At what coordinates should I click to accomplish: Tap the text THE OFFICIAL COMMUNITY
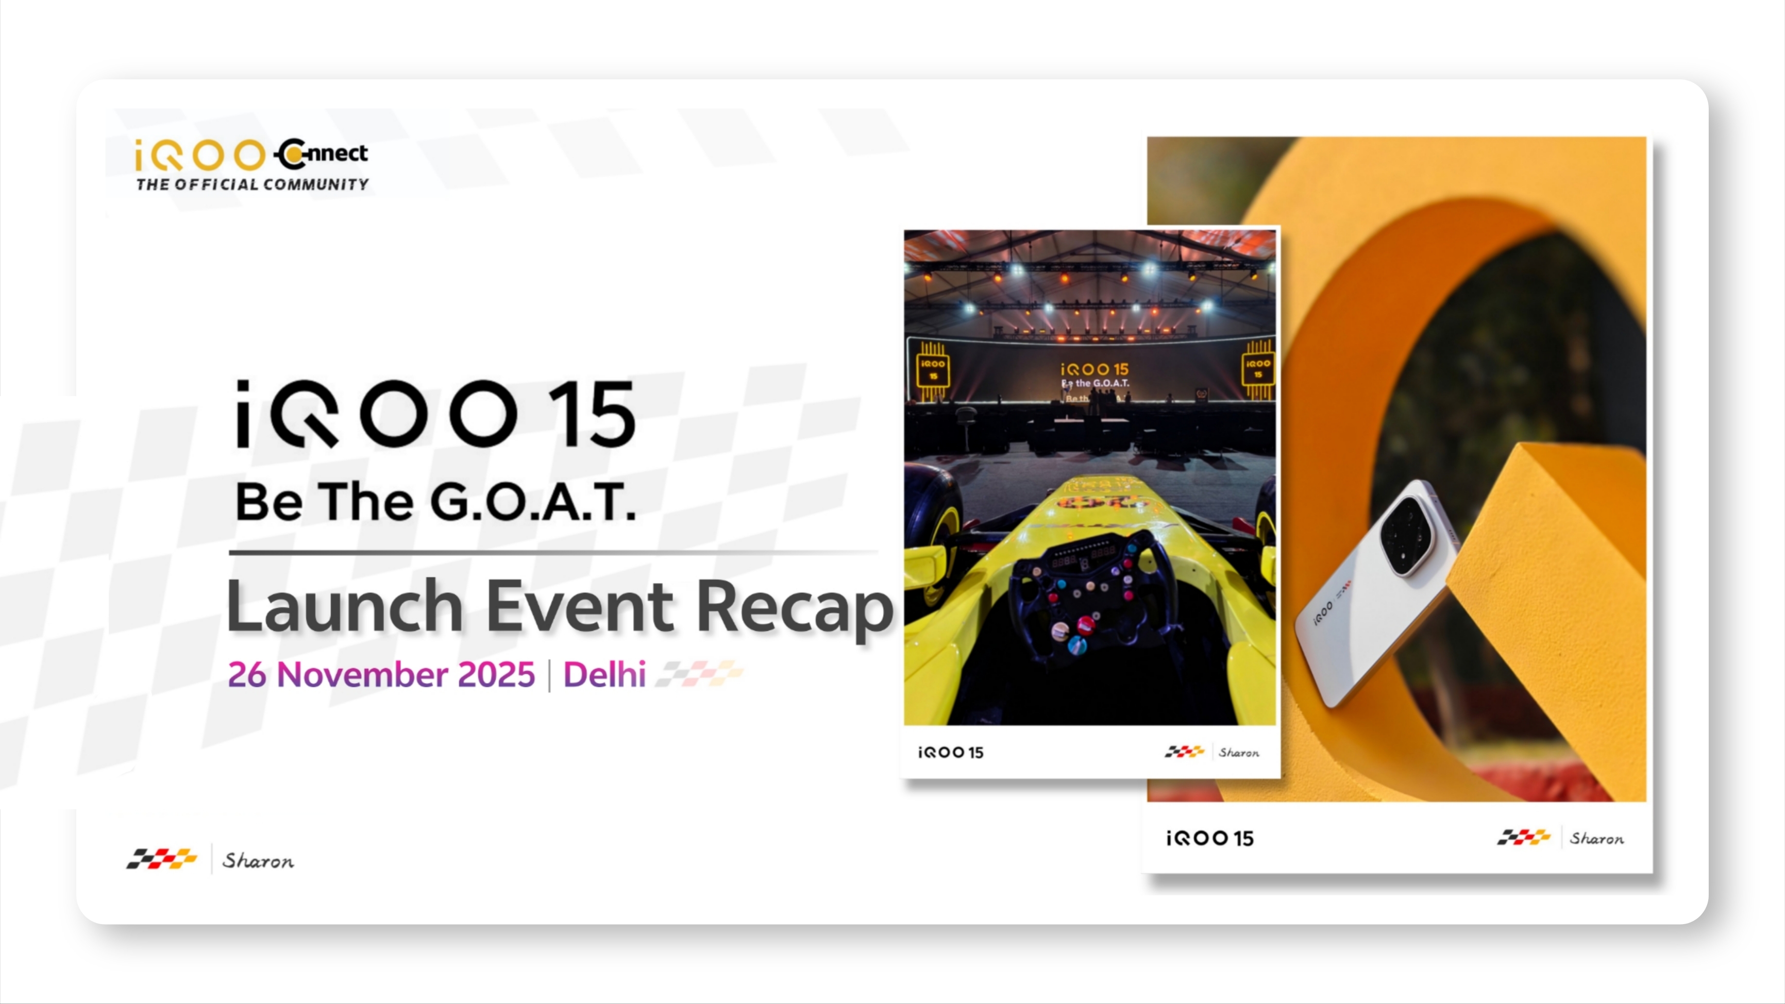(252, 184)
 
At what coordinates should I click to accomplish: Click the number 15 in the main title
(591, 414)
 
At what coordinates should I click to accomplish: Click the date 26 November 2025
(381, 674)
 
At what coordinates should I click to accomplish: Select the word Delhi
(604, 674)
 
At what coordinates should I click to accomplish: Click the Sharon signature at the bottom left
(258, 861)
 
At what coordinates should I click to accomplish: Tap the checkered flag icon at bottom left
(161, 859)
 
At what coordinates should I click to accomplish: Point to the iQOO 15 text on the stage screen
(1095, 369)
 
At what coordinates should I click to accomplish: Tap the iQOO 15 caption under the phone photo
(1210, 839)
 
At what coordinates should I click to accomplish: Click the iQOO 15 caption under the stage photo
(951, 753)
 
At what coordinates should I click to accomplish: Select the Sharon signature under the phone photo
(1596, 839)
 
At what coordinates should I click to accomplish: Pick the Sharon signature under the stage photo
(1239, 753)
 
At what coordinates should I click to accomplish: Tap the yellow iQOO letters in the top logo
(199, 155)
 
